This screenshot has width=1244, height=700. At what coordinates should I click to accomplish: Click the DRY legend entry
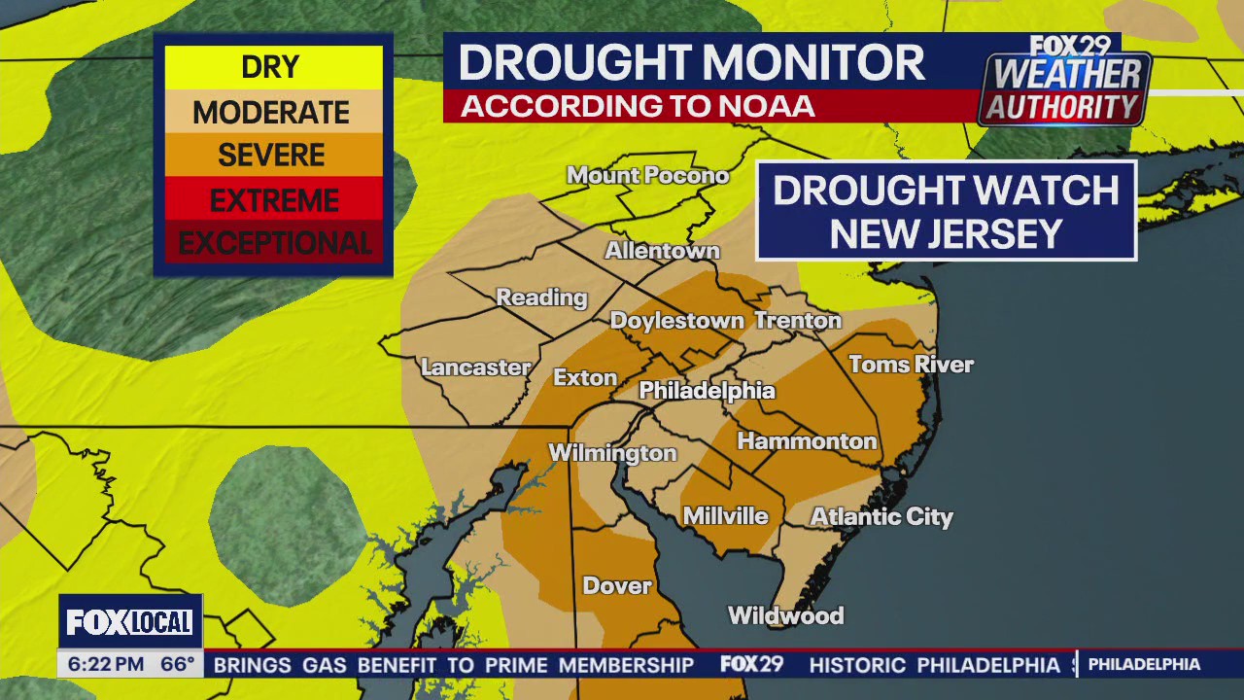tap(272, 67)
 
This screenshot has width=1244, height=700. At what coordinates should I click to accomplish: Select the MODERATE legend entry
tap(272, 112)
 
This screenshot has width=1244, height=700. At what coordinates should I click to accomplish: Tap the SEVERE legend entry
tap(272, 156)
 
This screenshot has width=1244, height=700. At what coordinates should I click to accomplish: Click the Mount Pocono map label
tap(647, 176)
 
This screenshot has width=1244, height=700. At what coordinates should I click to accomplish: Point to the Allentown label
tap(662, 251)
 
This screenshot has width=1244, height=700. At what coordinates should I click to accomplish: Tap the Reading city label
tap(541, 297)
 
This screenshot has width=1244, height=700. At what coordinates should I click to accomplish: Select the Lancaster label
tap(475, 367)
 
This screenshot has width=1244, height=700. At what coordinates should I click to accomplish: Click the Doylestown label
tap(676, 321)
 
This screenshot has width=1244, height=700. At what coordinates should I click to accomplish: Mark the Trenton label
tap(798, 320)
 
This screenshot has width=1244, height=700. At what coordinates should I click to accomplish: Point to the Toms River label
tap(911, 365)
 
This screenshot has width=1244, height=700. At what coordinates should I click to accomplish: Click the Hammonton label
tap(807, 441)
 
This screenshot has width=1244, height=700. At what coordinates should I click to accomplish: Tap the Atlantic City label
tap(881, 516)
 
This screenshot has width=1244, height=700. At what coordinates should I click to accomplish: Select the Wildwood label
tap(785, 615)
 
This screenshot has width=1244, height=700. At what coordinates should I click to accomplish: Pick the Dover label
tap(617, 585)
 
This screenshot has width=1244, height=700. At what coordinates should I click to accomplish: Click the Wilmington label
tap(612, 453)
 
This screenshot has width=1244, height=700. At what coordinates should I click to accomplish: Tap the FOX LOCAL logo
tap(130, 622)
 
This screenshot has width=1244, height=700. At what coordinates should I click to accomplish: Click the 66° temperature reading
tap(178, 665)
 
